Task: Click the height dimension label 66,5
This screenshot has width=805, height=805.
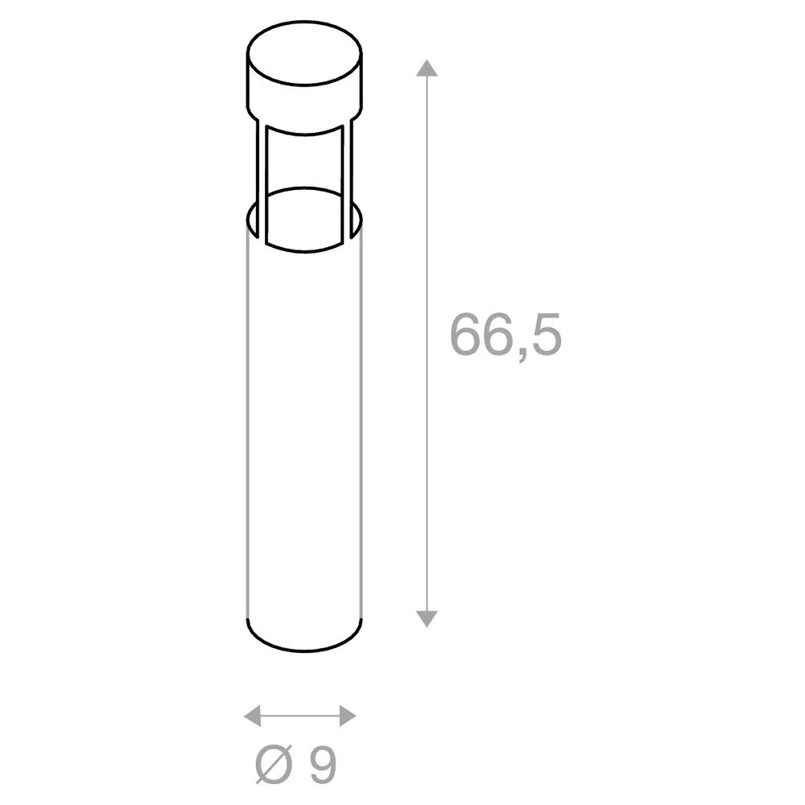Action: coord(506,335)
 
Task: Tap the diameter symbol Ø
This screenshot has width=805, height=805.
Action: coord(274,763)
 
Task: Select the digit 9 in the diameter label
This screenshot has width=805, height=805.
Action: coord(323,764)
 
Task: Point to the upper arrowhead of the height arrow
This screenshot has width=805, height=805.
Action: coord(427,68)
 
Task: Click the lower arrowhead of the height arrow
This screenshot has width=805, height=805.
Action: coord(427,618)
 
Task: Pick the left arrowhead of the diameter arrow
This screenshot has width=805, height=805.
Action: coord(252,716)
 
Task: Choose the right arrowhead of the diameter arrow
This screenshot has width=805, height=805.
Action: coord(348,716)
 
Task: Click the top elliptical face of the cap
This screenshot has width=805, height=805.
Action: coord(304,53)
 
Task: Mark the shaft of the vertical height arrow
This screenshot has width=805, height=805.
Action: coord(427,344)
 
